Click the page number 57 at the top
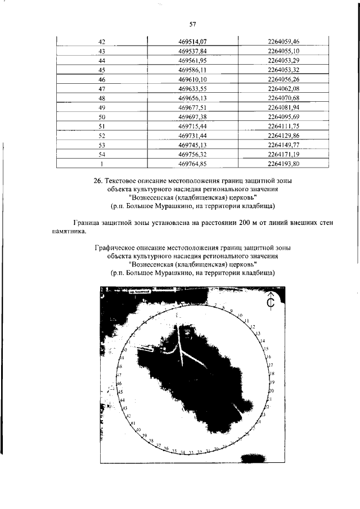[x=192, y=24]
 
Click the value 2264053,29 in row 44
[x=283, y=60]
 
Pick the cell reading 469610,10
[x=192, y=80]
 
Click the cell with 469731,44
[x=192, y=136]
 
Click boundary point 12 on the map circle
[x=253, y=327]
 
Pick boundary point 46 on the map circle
[x=119, y=383]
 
